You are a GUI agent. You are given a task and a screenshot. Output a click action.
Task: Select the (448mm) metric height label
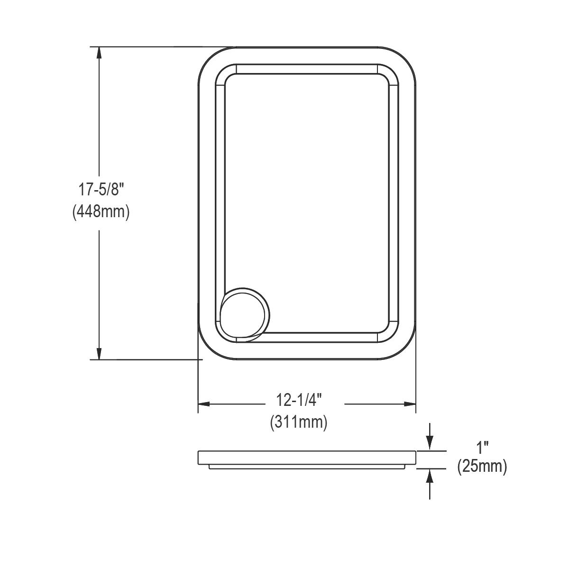[x=101, y=211]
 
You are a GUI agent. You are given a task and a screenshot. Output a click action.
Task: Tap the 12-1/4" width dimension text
[x=299, y=400]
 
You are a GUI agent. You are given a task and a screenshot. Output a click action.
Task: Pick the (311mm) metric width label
[x=299, y=422]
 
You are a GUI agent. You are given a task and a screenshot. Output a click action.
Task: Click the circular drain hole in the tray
[x=245, y=315]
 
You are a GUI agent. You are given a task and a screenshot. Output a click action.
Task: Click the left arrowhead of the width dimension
[x=204, y=404]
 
